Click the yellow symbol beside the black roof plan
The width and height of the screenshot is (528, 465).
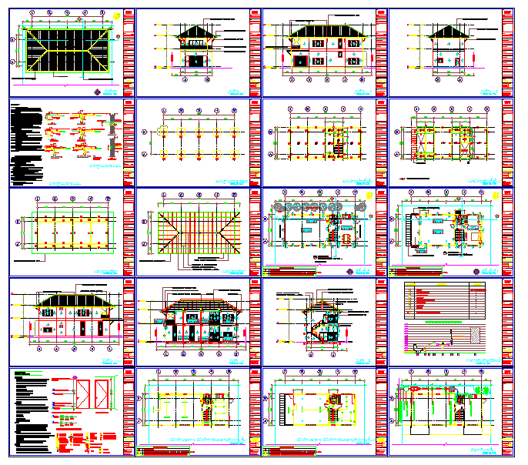tap(115, 15)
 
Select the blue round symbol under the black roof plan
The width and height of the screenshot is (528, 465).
tap(98, 92)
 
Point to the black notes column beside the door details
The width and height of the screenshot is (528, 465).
tap(31, 412)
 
